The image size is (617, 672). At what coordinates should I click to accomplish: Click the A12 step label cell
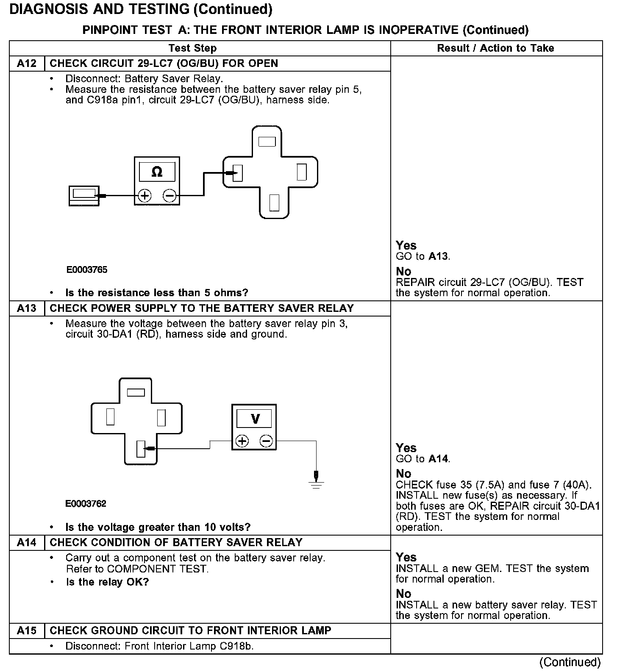pyautogui.click(x=27, y=64)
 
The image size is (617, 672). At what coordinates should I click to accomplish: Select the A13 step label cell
pyautogui.click(x=27, y=308)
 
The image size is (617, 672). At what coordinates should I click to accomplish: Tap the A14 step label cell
pyautogui.click(x=27, y=543)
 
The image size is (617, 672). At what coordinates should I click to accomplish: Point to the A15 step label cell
pyautogui.click(x=27, y=631)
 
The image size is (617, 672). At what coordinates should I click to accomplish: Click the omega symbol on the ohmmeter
pyautogui.click(x=157, y=172)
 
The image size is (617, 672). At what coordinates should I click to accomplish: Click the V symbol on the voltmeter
pyautogui.click(x=255, y=419)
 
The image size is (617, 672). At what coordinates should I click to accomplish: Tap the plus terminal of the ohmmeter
pyautogui.click(x=145, y=196)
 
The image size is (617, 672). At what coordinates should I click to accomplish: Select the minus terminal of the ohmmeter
pyautogui.click(x=170, y=196)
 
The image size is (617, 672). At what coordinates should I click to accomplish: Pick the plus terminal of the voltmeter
pyautogui.click(x=242, y=442)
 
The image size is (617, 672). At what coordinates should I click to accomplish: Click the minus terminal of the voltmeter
pyautogui.click(x=266, y=442)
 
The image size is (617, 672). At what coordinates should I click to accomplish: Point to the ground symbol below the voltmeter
pyautogui.click(x=316, y=481)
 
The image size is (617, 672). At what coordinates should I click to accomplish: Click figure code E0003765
pyautogui.click(x=87, y=270)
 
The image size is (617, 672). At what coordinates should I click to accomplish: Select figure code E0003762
pyautogui.click(x=86, y=504)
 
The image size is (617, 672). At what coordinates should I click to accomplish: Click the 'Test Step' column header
pyautogui.click(x=192, y=48)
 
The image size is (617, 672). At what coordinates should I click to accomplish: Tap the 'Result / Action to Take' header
pyautogui.click(x=495, y=48)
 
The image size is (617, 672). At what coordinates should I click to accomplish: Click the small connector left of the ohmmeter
pyautogui.click(x=84, y=196)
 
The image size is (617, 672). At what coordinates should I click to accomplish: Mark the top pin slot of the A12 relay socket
pyautogui.click(x=267, y=142)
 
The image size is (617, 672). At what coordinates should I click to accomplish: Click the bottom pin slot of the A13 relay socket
pyautogui.click(x=141, y=449)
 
